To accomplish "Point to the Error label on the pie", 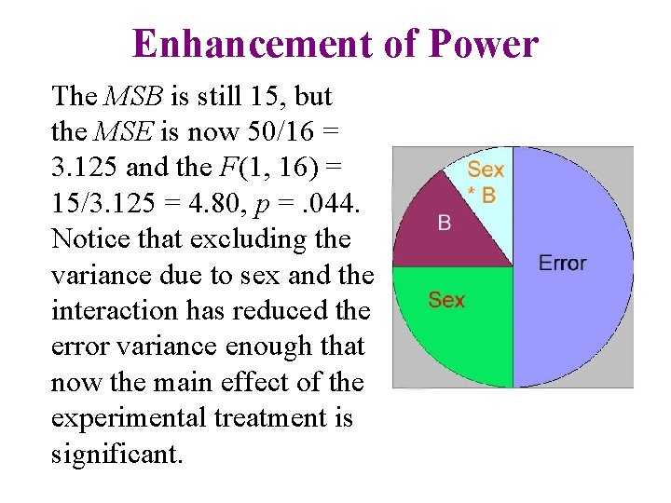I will (562, 263).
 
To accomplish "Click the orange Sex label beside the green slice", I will (446, 300).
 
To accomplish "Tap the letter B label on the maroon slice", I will (445, 224).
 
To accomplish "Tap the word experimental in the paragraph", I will (131, 417).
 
